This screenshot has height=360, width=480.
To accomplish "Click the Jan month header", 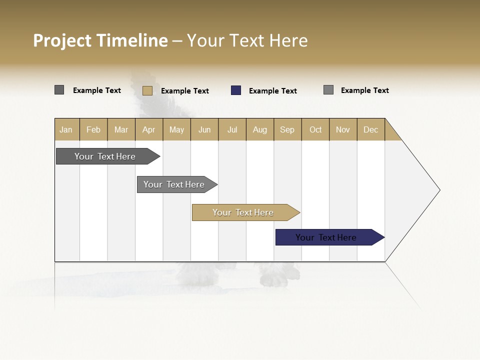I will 66,129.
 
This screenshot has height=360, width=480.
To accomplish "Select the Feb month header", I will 93,129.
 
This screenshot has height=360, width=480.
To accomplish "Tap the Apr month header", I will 148,129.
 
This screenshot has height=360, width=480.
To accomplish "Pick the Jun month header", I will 204,129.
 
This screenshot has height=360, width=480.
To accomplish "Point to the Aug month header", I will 259,129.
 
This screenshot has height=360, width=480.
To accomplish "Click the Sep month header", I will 287,129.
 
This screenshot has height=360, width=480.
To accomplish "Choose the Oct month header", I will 315,129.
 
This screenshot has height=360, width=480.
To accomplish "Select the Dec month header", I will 370,129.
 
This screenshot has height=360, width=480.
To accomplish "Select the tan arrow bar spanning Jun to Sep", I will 244,212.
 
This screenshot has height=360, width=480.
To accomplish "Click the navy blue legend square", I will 236,90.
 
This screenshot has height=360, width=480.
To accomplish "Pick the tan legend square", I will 147,90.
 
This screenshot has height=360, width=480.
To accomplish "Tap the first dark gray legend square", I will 59,90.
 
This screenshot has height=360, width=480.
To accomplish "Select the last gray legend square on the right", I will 328,90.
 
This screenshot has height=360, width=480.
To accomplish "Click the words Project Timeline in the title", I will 100,40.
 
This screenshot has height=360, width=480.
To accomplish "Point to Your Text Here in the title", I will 247,40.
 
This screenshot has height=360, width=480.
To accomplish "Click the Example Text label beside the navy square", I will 273,91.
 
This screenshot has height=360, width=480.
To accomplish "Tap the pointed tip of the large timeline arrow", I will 438,189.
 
